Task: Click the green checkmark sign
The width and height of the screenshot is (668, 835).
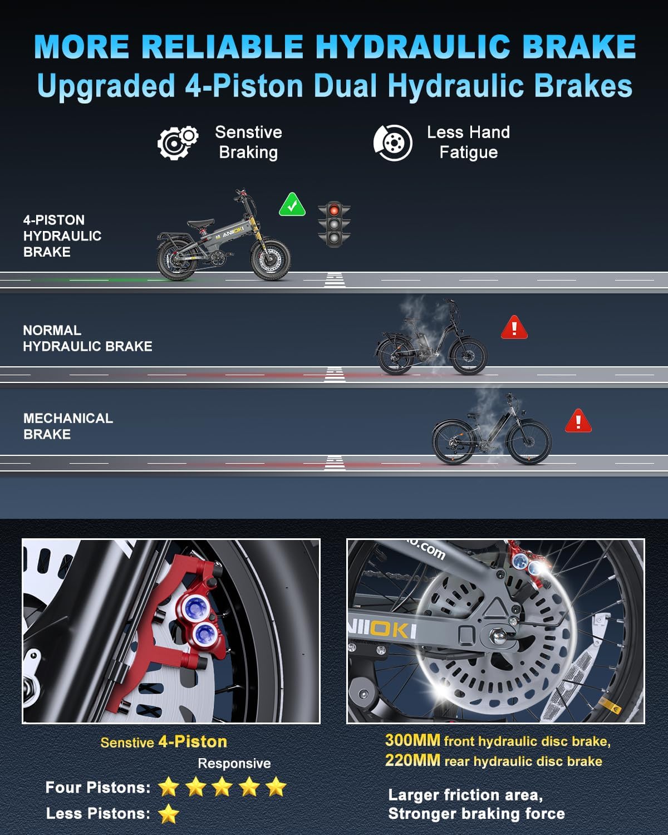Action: coord(292,204)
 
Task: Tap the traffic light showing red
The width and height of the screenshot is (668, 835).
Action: coord(334,224)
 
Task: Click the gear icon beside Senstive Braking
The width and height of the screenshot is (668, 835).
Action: coord(178,143)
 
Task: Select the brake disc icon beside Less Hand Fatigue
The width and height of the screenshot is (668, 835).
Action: coord(393,143)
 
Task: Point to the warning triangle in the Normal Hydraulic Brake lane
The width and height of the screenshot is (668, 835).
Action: coord(514,327)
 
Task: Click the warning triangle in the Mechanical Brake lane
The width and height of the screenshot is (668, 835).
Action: coord(578,421)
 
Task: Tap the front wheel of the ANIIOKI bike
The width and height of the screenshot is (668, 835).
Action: coord(271,259)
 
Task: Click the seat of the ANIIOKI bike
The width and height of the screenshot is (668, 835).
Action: coord(200,223)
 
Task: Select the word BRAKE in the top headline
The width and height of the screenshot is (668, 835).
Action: coord(579,47)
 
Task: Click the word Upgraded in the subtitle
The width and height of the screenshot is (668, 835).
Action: coord(106,87)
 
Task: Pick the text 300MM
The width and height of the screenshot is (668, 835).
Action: coord(412,740)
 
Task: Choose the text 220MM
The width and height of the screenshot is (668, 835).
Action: coord(412,760)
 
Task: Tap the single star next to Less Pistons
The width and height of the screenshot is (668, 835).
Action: coord(169,813)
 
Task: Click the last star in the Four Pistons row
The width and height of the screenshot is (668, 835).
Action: coord(276,787)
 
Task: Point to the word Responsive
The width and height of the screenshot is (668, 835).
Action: coord(234,763)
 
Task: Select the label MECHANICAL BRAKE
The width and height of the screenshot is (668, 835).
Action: coord(68,426)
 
